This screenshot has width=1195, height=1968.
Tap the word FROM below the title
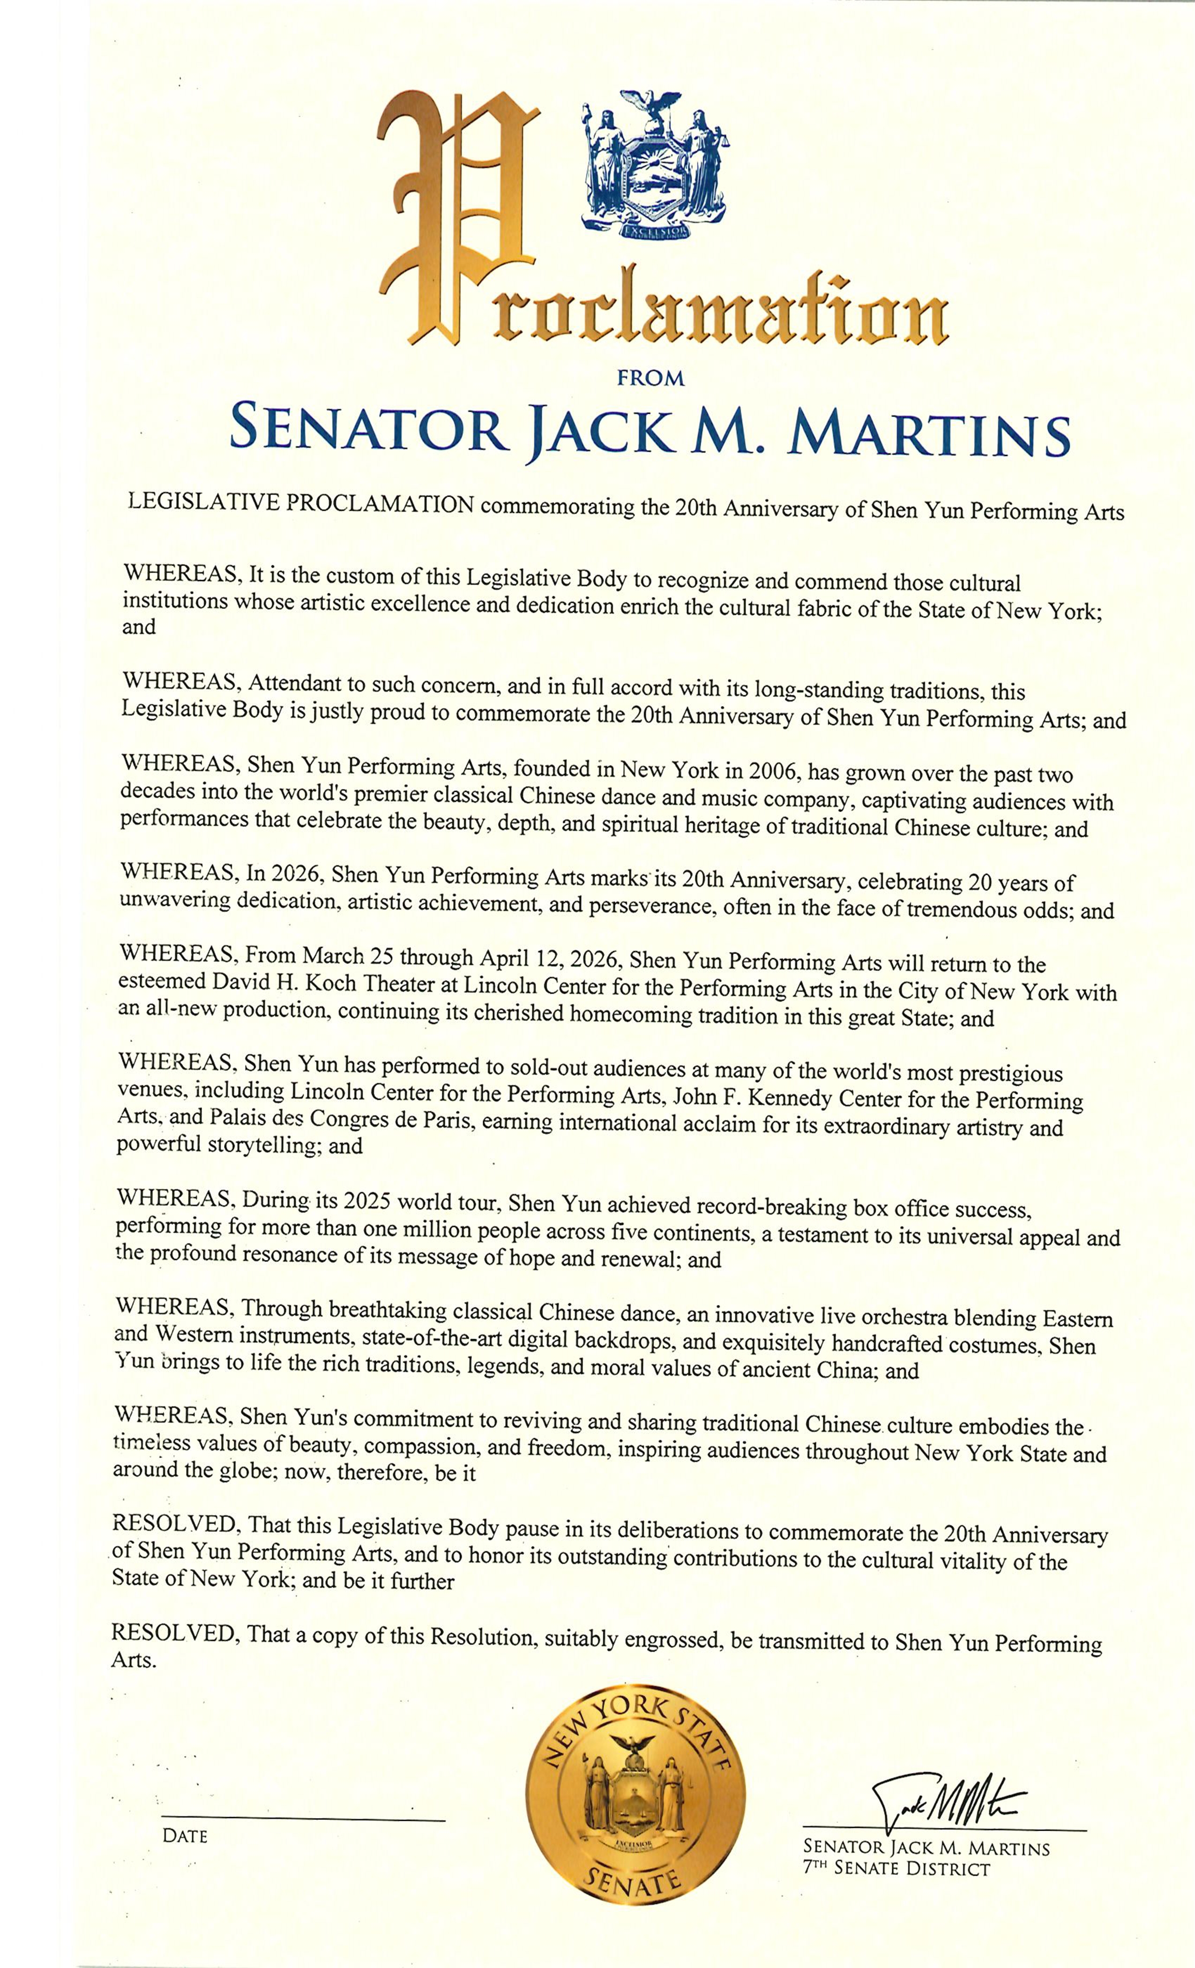(651, 379)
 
